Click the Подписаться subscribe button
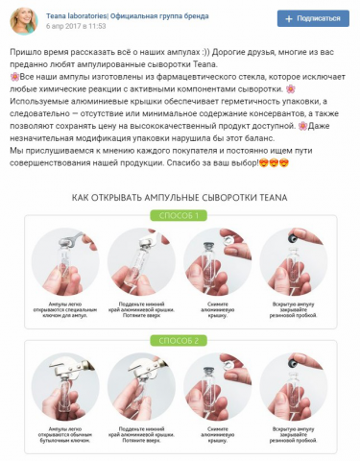(313, 18)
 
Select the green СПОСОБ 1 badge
(180, 215)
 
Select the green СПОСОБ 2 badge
(180, 339)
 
